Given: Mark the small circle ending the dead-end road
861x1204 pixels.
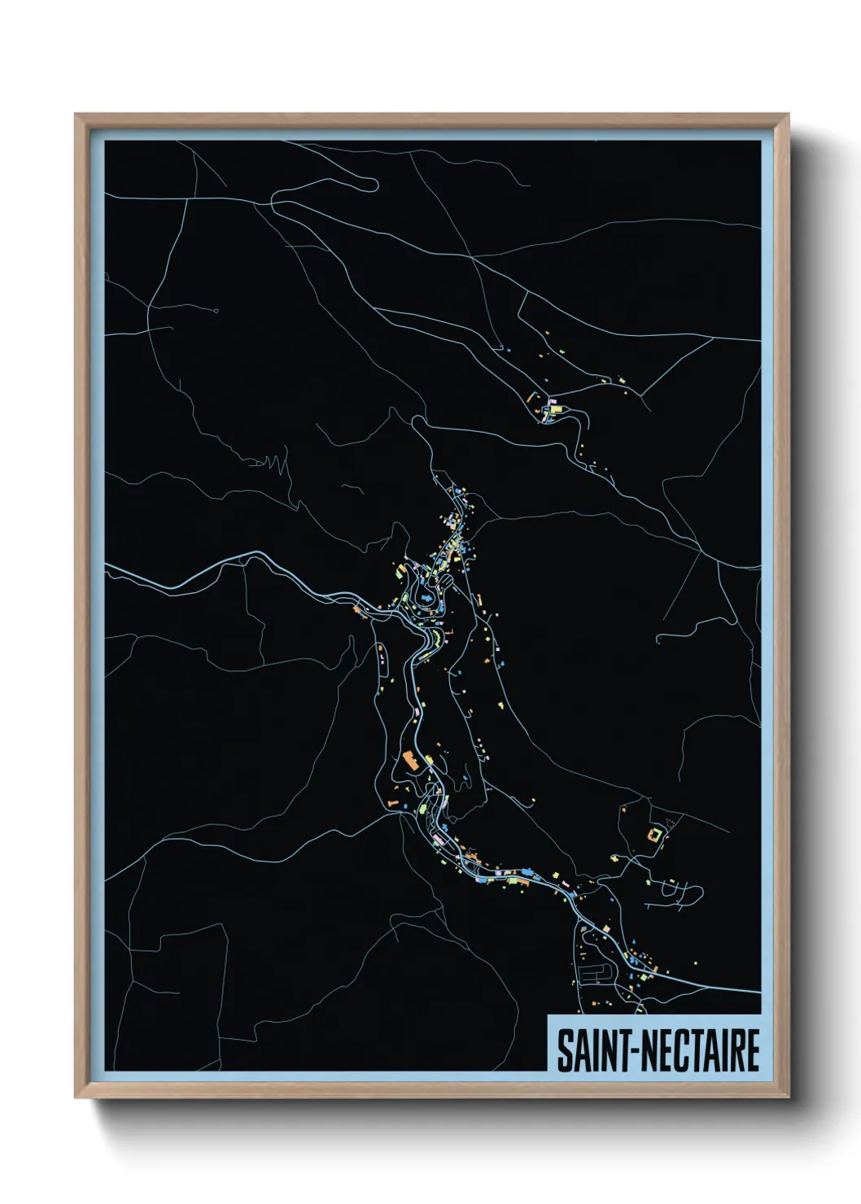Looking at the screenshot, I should (x=216, y=311).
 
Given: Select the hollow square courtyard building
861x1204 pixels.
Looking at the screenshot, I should (x=653, y=834).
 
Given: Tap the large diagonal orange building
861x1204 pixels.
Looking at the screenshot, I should (x=409, y=761).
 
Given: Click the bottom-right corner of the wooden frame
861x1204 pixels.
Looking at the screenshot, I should (x=789, y=1098).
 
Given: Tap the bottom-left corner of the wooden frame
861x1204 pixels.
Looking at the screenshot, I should (x=76, y=1098).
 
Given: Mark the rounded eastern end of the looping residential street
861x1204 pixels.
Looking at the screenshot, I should (x=698, y=892).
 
